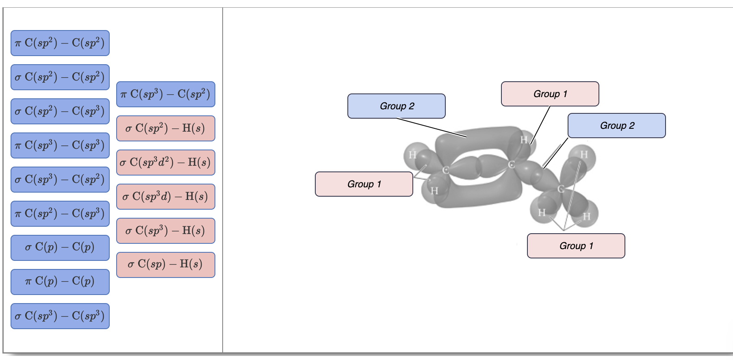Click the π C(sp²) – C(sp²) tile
click(60, 43)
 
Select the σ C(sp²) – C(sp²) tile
click(60, 77)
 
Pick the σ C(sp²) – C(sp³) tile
click(60, 111)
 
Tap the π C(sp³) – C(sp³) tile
click(60, 145)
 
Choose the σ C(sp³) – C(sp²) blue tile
click(60, 180)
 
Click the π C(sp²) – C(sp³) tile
click(60, 214)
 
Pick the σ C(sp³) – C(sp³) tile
click(60, 316)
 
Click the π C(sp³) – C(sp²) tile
click(166, 94)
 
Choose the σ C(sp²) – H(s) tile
click(166, 128)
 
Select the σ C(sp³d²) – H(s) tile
click(166, 163)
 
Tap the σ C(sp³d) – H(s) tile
click(166, 197)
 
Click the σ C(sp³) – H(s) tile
click(166, 231)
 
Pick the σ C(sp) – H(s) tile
click(166, 265)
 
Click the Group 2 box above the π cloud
click(397, 106)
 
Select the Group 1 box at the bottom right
click(576, 246)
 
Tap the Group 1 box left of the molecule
click(364, 184)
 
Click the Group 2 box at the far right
click(616, 126)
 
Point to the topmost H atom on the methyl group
click(584, 155)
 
